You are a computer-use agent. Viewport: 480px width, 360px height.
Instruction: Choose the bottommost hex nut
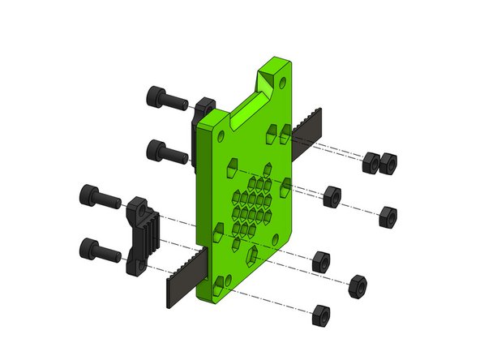pos(321,315)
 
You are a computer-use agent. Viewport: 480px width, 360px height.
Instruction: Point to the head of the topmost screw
pos(156,96)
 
